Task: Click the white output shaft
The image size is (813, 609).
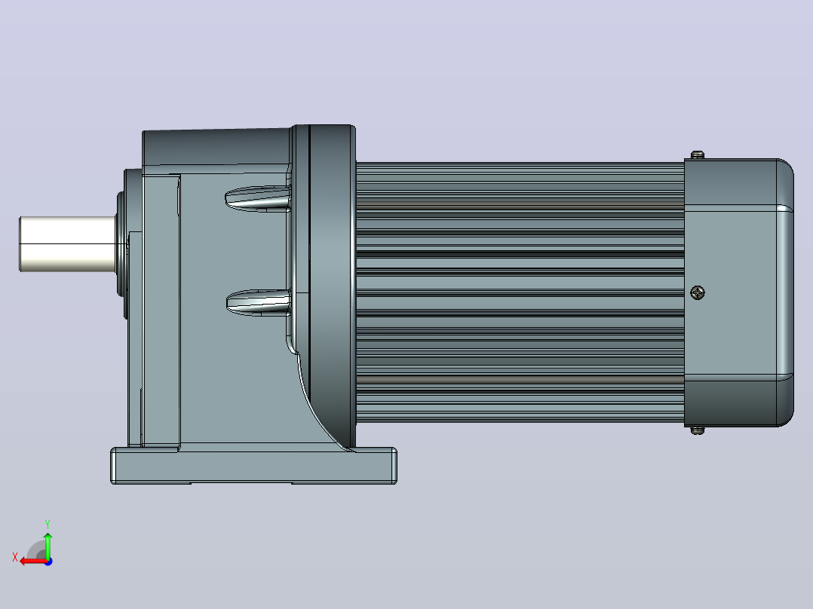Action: (x=67, y=243)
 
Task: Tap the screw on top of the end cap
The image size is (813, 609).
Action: (x=698, y=155)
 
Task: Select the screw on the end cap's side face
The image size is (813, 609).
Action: (x=698, y=293)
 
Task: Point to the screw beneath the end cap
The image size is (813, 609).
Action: (x=698, y=430)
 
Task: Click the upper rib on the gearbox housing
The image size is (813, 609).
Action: (x=258, y=198)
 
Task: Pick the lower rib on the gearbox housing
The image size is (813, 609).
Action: (x=258, y=303)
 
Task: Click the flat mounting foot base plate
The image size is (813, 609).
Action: (x=253, y=466)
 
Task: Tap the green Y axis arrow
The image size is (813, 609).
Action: (x=48, y=544)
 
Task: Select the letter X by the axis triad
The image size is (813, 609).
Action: (x=15, y=557)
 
